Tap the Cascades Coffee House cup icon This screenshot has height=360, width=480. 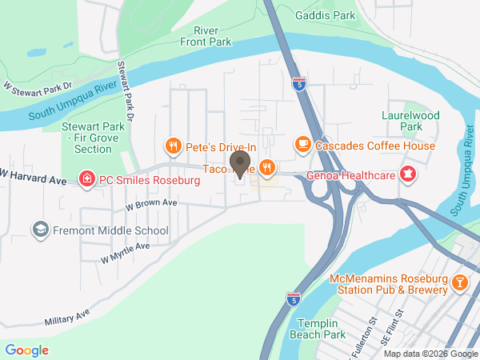pyautogui.click(x=302, y=144)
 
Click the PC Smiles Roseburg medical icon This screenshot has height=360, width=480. pyautogui.click(x=86, y=179)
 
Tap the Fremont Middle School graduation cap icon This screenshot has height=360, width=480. pyautogui.click(x=38, y=230)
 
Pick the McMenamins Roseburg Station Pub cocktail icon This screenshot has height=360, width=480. pyautogui.click(x=461, y=282)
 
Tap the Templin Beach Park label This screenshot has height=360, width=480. pyautogui.click(x=321, y=328)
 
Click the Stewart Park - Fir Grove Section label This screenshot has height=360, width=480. pyautogui.click(x=92, y=137)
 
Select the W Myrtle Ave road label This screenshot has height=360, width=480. pyautogui.click(x=126, y=252)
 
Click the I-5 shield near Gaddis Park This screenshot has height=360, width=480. pyautogui.click(x=298, y=83)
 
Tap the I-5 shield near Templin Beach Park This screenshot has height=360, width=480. pyautogui.click(x=294, y=298)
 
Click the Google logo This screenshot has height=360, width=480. pyautogui.click(x=27, y=350)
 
